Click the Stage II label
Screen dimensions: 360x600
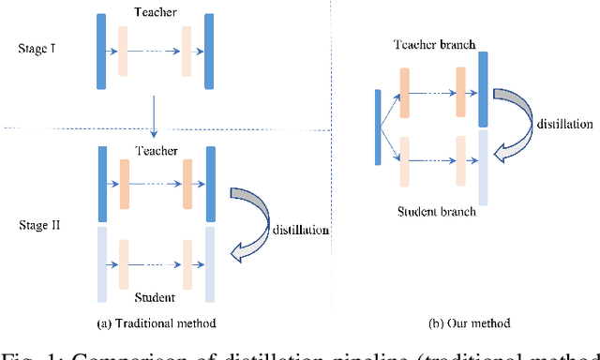(x=39, y=226)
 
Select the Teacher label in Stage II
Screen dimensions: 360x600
(x=156, y=150)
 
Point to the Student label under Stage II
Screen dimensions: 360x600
(x=154, y=297)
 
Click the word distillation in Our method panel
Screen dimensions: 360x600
(x=564, y=123)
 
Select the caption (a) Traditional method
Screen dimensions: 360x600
(x=156, y=323)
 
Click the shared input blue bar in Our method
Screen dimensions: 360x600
(x=377, y=127)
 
